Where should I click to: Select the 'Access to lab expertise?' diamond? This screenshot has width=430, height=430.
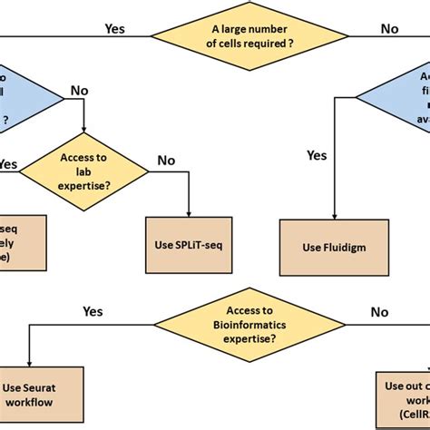click(84, 170)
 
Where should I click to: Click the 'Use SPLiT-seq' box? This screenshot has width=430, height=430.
click(189, 244)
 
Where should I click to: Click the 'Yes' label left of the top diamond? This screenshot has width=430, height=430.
click(116, 28)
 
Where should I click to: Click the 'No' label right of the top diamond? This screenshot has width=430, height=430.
click(390, 28)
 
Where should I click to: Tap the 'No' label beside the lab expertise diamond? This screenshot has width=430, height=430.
click(167, 160)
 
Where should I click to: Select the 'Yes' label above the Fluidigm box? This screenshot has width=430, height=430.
click(317, 156)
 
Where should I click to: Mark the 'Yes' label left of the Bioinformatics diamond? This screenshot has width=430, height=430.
click(93, 311)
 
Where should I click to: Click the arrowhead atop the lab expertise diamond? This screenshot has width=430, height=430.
click(84, 131)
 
